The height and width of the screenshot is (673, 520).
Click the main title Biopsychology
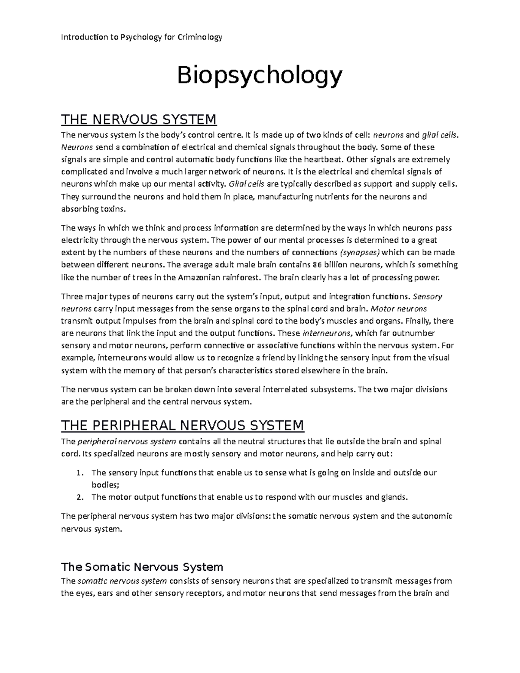260,76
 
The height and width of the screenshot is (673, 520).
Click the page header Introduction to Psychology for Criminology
142,37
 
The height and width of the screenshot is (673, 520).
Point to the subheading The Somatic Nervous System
142,566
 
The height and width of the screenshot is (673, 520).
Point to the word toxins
114,209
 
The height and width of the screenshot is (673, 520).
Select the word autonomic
431,516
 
